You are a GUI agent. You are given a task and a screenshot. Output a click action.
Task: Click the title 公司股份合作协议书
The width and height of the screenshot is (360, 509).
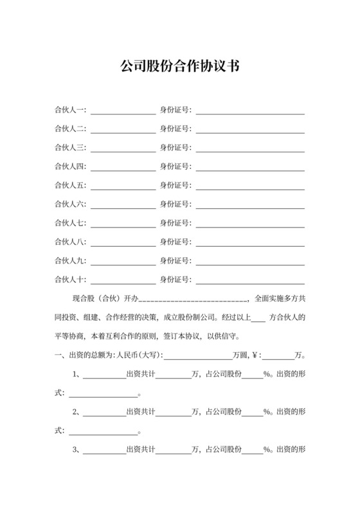pos(180,66)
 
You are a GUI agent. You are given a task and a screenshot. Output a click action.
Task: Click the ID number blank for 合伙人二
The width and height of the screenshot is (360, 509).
pos(250,130)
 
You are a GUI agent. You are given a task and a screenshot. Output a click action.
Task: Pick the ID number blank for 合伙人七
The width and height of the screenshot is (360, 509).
pos(250,224)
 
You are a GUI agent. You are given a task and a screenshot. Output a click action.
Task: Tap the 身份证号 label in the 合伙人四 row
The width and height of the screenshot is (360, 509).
pos(175,167)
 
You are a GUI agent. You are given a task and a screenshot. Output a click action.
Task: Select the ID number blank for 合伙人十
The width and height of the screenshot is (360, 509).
pos(250,280)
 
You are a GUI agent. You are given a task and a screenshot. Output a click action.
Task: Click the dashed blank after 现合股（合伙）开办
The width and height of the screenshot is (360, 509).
pos(194,299)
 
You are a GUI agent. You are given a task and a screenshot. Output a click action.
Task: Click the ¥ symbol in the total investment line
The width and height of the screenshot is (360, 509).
pos(254,355)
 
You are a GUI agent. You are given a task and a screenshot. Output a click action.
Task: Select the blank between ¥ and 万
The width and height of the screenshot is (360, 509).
pos(278,355)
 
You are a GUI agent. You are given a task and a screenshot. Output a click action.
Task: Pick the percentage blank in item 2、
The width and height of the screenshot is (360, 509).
pos(252,413)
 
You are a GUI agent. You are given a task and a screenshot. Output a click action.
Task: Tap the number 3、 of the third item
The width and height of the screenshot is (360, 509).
pos(76,449)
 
